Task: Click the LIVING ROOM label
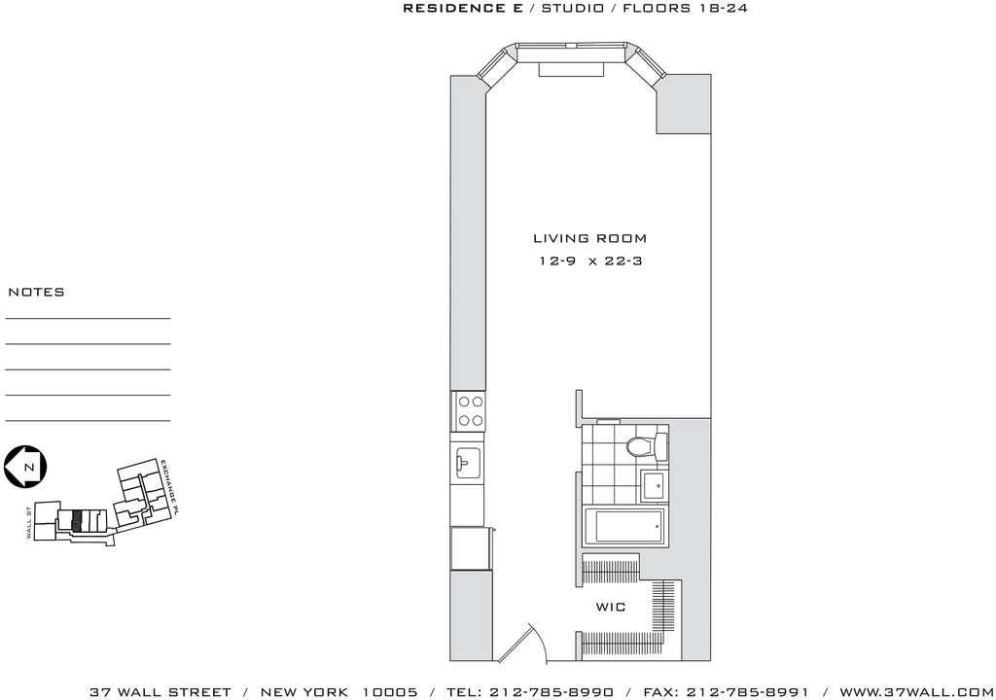(x=589, y=239)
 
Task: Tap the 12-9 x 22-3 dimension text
(x=590, y=262)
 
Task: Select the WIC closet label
(x=611, y=608)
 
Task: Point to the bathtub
(x=623, y=527)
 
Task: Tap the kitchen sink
(x=468, y=463)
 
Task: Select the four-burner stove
(x=469, y=411)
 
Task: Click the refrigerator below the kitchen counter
(x=470, y=549)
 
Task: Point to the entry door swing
(x=521, y=643)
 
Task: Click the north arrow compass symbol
(x=25, y=468)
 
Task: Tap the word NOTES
(x=36, y=293)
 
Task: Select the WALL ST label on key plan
(x=29, y=523)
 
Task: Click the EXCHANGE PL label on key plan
(x=169, y=488)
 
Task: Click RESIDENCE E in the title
(x=463, y=8)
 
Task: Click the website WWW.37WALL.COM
(x=915, y=692)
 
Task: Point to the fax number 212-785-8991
(x=748, y=692)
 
